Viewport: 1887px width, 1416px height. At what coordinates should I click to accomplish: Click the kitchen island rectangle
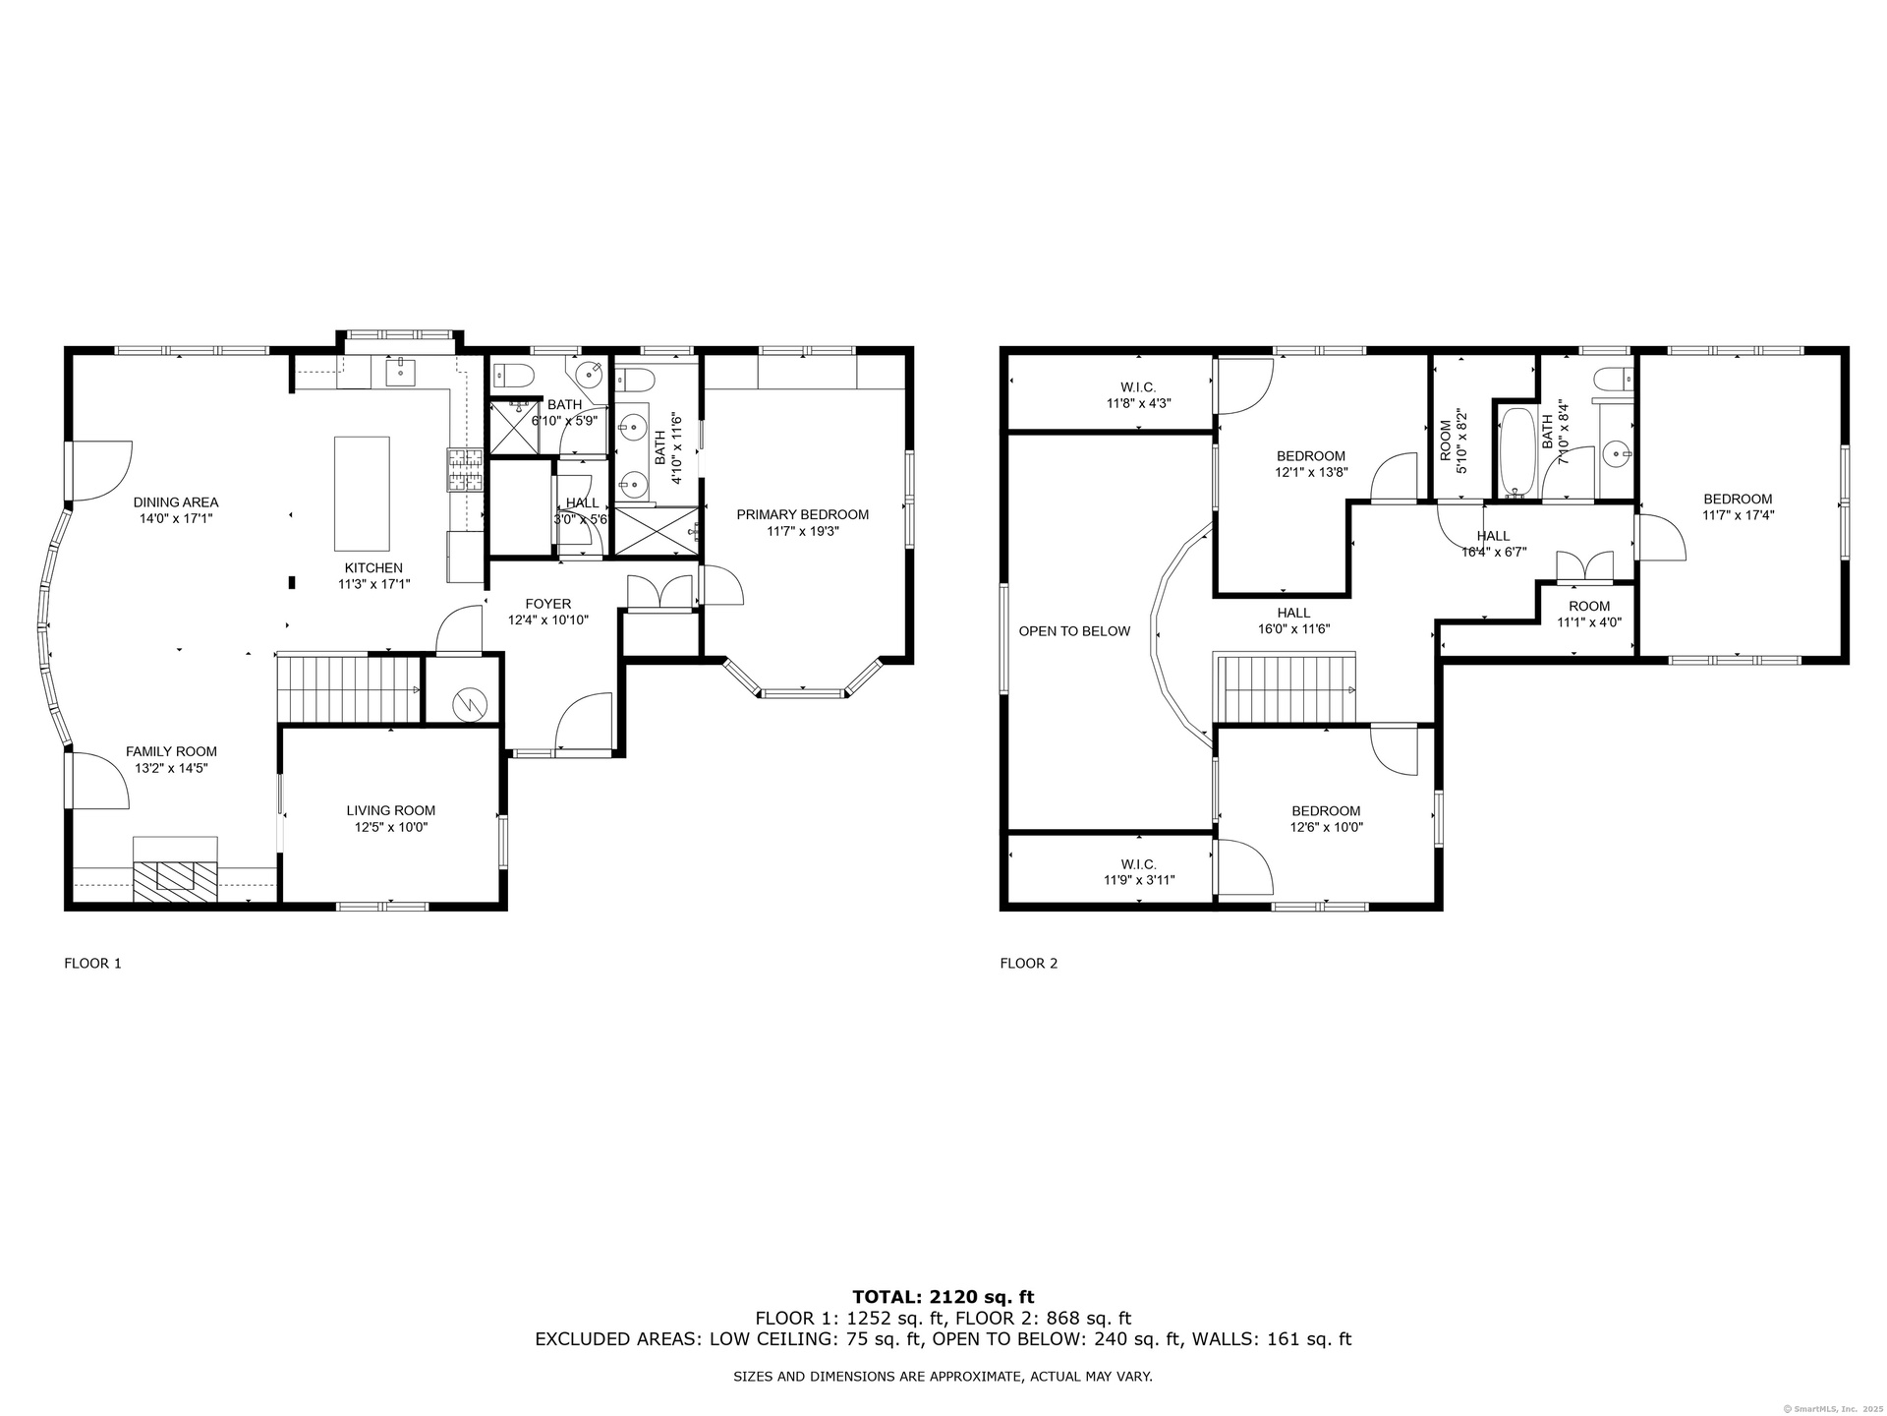tap(362, 494)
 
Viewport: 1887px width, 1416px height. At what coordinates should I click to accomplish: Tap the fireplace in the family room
tap(176, 869)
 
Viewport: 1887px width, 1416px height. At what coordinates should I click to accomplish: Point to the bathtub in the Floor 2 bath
tap(1518, 452)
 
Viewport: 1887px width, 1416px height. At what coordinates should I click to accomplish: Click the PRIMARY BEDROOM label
tap(803, 514)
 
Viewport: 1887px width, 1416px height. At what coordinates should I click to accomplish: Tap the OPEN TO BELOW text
tap(1074, 631)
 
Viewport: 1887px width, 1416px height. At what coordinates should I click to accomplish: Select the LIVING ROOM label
tap(391, 810)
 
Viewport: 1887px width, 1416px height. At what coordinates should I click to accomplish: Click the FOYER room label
tap(548, 604)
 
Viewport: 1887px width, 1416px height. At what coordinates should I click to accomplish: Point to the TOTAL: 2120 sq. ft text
tap(943, 1297)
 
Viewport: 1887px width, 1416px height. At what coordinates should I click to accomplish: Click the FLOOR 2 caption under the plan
tap(1029, 964)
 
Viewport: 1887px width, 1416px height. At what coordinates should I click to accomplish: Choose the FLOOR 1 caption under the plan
tap(92, 964)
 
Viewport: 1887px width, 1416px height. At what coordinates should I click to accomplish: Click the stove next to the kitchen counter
tap(466, 470)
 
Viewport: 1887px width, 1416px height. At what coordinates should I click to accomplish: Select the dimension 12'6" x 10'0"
tap(1326, 827)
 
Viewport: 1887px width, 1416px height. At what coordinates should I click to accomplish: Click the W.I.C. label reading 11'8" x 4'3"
tap(1139, 395)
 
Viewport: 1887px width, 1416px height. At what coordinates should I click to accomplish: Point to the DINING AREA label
tap(176, 502)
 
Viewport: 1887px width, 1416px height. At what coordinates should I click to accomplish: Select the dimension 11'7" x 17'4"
tap(1739, 515)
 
